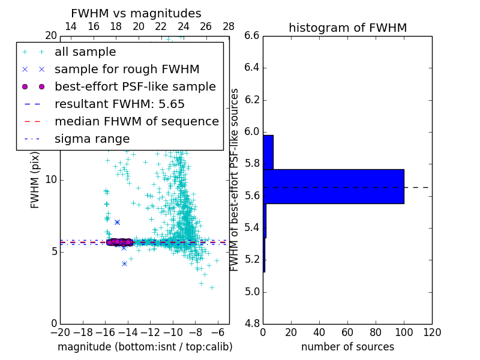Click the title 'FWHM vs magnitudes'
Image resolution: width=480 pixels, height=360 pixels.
(136, 13)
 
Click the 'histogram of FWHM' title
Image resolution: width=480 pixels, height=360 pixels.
(347, 28)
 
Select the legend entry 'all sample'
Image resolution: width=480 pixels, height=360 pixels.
(85, 52)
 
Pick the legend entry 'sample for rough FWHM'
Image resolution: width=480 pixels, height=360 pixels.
(127, 69)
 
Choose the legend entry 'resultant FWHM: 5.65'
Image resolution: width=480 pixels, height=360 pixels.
(119, 104)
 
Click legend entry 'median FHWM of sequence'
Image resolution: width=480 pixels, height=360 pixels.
(136, 121)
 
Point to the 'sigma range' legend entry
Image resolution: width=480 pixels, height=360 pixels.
(92, 139)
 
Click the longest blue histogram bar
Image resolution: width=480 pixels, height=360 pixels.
(334, 186)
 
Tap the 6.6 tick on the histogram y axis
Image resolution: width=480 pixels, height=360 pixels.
(251, 35)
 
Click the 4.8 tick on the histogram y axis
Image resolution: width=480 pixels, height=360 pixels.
(251, 323)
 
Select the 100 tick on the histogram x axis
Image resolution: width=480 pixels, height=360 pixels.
(404, 332)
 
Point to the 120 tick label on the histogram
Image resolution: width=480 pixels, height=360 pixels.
(432, 332)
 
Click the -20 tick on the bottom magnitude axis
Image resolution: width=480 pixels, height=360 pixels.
(60, 332)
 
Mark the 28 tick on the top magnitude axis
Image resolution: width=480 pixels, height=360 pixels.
(229, 26)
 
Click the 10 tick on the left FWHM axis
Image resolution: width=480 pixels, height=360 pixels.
(51, 179)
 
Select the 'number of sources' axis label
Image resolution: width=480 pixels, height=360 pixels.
(347, 347)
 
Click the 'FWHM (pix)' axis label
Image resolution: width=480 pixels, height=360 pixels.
(35, 179)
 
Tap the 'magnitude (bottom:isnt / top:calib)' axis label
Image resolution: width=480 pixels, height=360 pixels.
(145, 347)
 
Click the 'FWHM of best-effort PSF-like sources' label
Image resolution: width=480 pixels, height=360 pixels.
(235, 179)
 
